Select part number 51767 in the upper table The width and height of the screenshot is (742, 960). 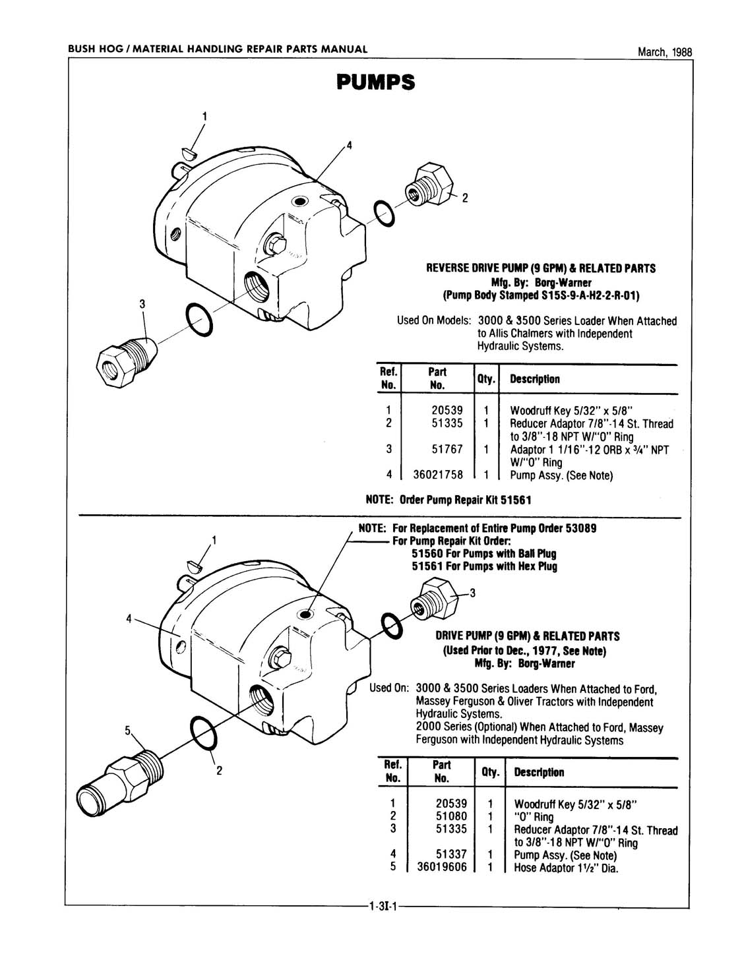click(x=447, y=449)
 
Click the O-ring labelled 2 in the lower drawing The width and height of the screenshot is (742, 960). click(x=202, y=733)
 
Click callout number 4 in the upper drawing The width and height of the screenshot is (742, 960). click(x=350, y=146)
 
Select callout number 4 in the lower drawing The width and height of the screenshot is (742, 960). click(x=130, y=618)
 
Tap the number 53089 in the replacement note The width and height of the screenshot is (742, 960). click(x=580, y=529)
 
